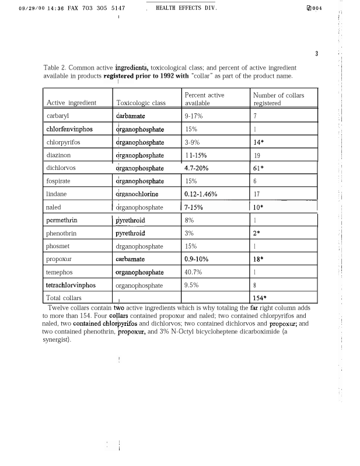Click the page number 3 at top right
[x=316, y=54]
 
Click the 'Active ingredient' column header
[x=71, y=103]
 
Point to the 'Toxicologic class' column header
[x=141, y=103]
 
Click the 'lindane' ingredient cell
[x=57, y=193]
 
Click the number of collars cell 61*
[x=260, y=168]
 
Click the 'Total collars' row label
[x=64, y=298]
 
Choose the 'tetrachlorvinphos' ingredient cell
[x=71, y=286]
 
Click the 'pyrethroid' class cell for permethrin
[x=130, y=220]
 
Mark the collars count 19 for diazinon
[x=257, y=155]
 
